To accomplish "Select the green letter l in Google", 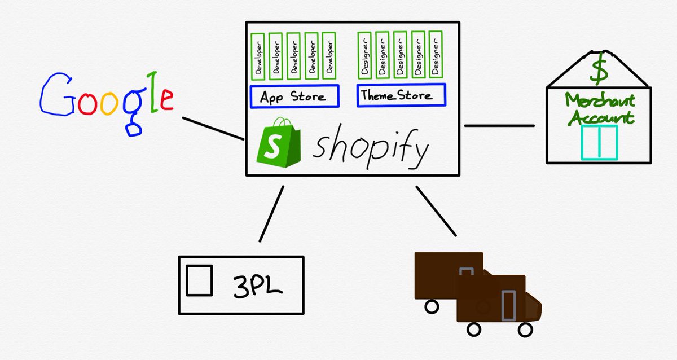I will point(151,93).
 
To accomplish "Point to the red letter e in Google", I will point(165,99).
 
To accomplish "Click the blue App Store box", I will point(294,96).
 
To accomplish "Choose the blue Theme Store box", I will point(401,95).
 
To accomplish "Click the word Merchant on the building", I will point(600,102).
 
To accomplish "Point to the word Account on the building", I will point(600,118).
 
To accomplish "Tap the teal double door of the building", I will point(600,142).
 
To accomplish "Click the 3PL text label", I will point(258,285).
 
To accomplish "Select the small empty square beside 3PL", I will point(199,280).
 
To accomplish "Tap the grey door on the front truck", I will point(508,305).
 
